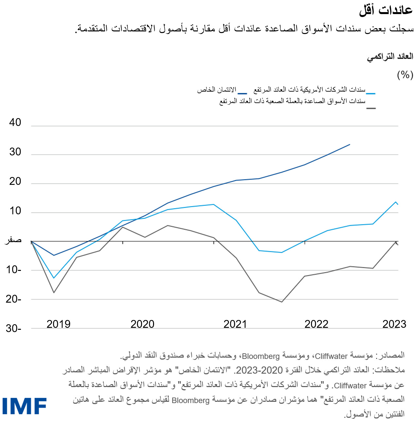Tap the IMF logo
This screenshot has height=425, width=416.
(x=25, y=406)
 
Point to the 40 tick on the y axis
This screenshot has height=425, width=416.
(x=15, y=123)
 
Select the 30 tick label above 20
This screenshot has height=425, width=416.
(x=15, y=152)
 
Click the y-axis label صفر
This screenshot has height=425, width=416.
(x=13, y=240)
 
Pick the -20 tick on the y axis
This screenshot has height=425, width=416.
(x=13, y=299)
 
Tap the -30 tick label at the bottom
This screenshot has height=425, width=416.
(x=13, y=328)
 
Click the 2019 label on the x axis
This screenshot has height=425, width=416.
(x=59, y=324)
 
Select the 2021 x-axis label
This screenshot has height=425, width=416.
(x=235, y=324)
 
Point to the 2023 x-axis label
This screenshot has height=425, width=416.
(x=394, y=324)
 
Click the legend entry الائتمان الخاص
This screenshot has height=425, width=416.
(x=217, y=90)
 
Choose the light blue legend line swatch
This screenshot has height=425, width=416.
(x=371, y=94)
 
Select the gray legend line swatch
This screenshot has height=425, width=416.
(x=371, y=108)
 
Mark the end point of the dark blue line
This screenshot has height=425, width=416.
(x=350, y=144)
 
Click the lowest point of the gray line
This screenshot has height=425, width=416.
(x=282, y=302)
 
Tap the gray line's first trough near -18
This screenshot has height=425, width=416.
(x=54, y=292)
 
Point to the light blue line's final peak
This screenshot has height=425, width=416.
(x=396, y=202)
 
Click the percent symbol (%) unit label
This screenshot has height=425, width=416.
(x=405, y=75)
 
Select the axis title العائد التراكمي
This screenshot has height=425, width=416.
(x=390, y=57)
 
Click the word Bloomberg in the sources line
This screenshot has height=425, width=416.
(x=261, y=356)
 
